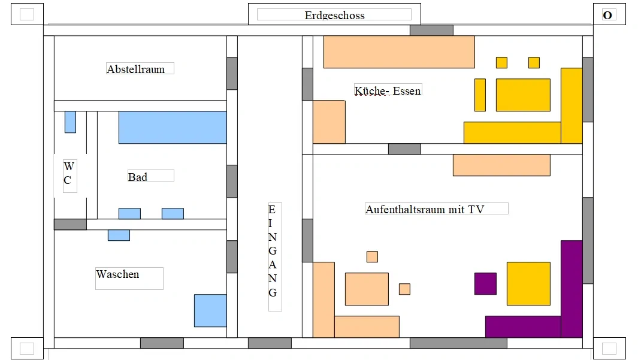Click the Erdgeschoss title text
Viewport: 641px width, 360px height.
click(x=334, y=15)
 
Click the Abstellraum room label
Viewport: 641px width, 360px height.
click(x=135, y=69)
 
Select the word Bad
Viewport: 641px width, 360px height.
click(x=137, y=177)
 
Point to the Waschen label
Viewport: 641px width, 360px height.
click(x=117, y=274)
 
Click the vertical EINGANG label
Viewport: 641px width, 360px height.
click(x=273, y=251)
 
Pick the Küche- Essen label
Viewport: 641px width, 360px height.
click(x=388, y=90)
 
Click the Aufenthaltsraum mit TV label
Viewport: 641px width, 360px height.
click(x=425, y=209)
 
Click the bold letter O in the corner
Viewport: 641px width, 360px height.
click(x=607, y=15)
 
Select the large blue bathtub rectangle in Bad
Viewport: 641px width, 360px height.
click(x=173, y=127)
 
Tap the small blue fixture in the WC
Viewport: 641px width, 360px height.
click(x=70, y=122)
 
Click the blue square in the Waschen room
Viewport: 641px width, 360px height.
click(x=210, y=310)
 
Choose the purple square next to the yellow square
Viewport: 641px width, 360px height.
click(x=485, y=283)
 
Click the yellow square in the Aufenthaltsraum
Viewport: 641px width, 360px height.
click(x=528, y=283)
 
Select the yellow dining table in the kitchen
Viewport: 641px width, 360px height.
click(x=523, y=95)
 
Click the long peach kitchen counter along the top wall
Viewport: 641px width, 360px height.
click(x=399, y=52)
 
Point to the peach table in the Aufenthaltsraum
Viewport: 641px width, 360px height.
click(x=367, y=289)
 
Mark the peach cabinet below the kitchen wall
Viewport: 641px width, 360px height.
click(x=501, y=165)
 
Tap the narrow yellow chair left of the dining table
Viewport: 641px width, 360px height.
click(x=480, y=95)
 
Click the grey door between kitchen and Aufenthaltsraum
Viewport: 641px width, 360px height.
click(x=404, y=149)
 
